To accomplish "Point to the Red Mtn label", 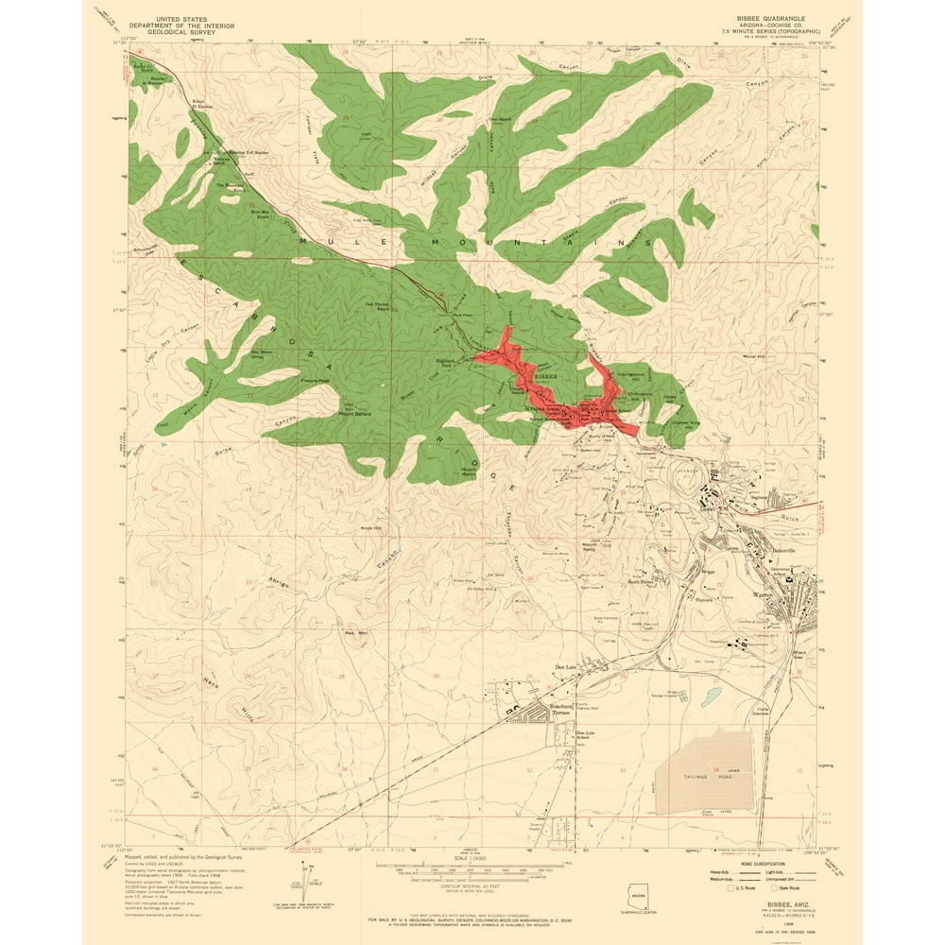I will [x=355, y=632].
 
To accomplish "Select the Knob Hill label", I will [x=370, y=528].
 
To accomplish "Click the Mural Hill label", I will [x=753, y=356].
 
